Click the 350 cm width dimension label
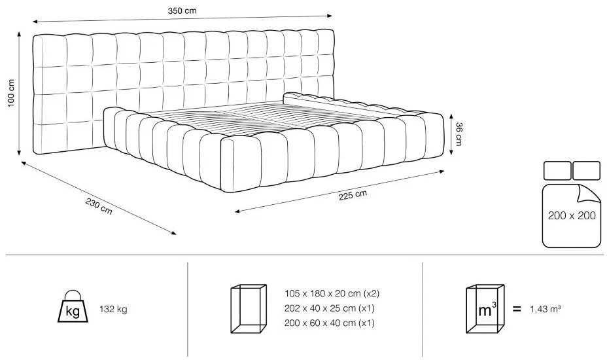point(182,11)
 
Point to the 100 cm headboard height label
point(11,93)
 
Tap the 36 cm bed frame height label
point(459,134)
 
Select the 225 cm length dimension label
point(353,195)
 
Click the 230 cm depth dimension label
point(99,207)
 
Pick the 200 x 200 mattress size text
point(572,215)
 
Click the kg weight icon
point(73,306)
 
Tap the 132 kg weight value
point(113,309)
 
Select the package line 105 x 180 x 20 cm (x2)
point(332,293)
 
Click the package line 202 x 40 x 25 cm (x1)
point(330,308)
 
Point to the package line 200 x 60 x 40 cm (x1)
point(330,323)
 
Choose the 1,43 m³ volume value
point(546,309)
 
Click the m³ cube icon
point(485,309)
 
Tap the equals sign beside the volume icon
point(517,309)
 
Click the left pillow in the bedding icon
point(557,170)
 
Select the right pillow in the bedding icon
point(587,170)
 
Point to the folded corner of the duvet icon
point(589,194)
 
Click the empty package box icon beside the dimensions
point(249,309)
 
